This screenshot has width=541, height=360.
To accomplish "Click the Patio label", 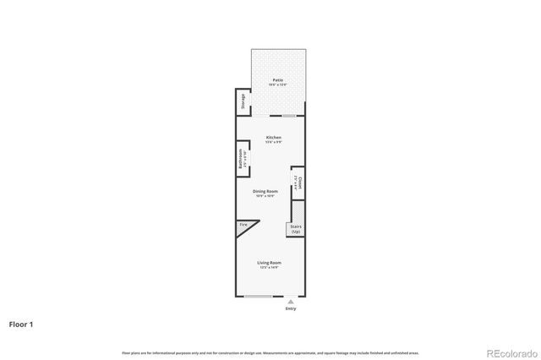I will pyautogui.click(x=278, y=79).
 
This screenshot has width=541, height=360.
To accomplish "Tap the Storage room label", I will pyautogui.click(x=243, y=102).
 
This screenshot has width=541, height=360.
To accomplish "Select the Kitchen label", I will pyautogui.click(x=274, y=137).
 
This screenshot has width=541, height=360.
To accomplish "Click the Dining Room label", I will pyautogui.click(x=265, y=191).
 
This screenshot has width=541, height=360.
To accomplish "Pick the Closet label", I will pyautogui.click(x=298, y=182).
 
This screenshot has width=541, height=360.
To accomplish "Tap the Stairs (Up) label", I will pyautogui.click(x=296, y=229).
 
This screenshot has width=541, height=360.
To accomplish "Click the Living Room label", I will pyautogui.click(x=270, y=263).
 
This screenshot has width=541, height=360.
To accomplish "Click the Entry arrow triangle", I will pyautogui.click(x=291, y=301).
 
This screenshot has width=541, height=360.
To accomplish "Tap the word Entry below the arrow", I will pyautogui.click(x=291, y=308).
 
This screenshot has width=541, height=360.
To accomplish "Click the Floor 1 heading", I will pyautogui.click(x=22, y=324).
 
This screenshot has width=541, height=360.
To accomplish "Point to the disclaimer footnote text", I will pyautogui.click(x=270, y=352).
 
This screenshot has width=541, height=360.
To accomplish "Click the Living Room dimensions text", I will pyautogui.click(x=270, y=268).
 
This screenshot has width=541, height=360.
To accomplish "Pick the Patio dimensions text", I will pyautogui.click(x=278, y=85).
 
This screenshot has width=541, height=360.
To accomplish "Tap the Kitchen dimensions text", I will pyautogui.click(x=274, y=142).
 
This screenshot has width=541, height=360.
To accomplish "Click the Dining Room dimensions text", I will pyautogui.click(x=265, y=196).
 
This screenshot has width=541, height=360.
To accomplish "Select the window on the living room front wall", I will pyautogui.click(x=258, y=297).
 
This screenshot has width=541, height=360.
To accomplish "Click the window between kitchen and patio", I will pyautogui.click(x=289, y=116).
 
